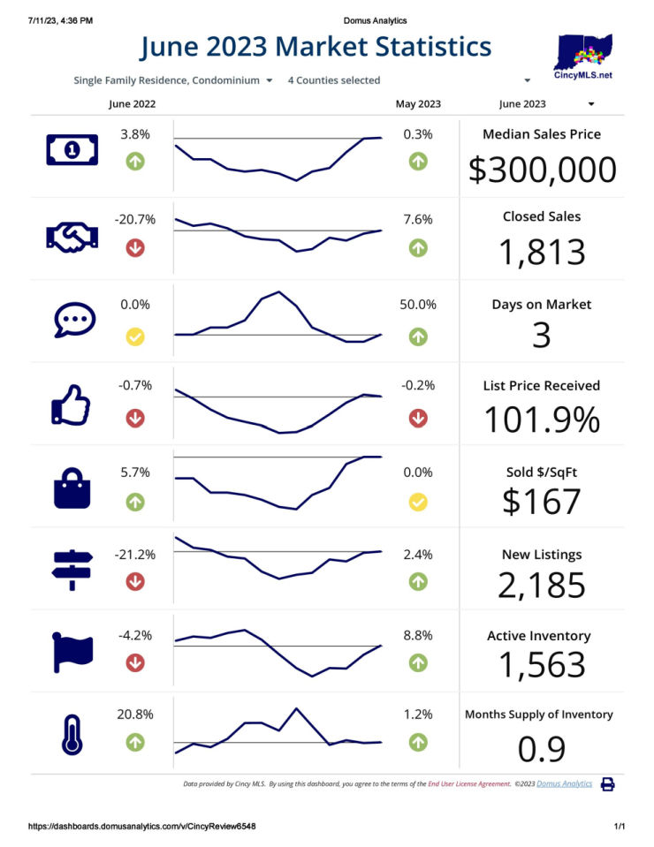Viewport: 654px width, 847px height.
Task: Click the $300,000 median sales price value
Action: click(x=542, y=170)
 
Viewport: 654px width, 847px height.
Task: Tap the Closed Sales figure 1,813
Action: click(x=542, y=252)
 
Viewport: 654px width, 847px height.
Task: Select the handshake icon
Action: click(x=72, y=236)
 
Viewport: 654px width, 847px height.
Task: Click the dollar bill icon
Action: click(x=72, y=151)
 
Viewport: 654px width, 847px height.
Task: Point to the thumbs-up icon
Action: click(x=72, y=405)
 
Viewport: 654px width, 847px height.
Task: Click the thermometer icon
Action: click(x=72, y=733)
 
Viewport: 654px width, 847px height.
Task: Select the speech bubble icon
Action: click(x=72, y=320)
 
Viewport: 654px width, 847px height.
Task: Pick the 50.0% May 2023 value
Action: click(x=418, y=305)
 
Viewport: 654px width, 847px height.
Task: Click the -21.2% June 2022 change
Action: click(x=135, y=555)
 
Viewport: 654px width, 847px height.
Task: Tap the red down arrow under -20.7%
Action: click(x=135, y=248)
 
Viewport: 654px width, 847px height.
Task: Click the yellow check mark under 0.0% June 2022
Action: click(x=135, y=337)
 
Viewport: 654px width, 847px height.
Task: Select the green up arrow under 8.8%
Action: click(x=418, y=662)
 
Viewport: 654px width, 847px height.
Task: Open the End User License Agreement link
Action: click(x=469, y=783)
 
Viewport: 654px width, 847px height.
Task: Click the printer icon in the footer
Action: click(x=607, y=783)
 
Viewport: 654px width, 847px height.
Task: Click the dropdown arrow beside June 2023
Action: click(x=590, y=103)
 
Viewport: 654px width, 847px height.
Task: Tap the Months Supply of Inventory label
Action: click(x=538, y=715)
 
